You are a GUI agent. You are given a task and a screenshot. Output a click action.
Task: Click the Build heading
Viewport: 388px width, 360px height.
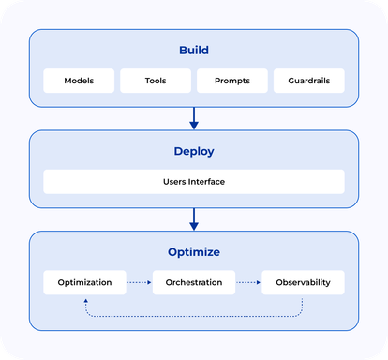tap(194, 50)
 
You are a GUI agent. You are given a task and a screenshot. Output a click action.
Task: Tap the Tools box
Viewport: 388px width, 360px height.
tap(156, 81)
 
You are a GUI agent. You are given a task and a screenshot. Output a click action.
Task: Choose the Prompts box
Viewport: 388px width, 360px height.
tap(231, 81)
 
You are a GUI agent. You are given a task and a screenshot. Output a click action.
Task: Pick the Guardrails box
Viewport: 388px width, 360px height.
tap(308, 81)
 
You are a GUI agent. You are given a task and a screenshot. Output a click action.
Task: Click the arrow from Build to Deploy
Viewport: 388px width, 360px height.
tap(194, 117)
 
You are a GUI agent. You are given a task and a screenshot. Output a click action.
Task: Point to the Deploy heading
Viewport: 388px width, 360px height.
tap(194, 150)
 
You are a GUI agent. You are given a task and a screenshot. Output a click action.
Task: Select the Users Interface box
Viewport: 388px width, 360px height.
tap(194, 181)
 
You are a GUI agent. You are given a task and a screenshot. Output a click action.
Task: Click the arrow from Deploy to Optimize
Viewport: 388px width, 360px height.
tap(194, 217)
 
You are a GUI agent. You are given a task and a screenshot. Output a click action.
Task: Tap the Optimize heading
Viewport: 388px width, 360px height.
tap(194, 251)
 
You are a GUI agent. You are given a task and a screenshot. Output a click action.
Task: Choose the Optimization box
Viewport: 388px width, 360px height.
tap(85, 282)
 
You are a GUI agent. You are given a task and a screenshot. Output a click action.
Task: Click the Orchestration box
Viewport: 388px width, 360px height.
tap(194, 282)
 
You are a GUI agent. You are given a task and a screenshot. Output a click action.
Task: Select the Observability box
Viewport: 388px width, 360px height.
tap(303, 282)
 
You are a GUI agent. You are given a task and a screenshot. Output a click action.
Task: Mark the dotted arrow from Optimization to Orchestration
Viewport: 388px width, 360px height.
tap(139, 282)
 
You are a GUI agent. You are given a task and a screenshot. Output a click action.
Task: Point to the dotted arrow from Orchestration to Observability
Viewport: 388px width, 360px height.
tap(247, 282)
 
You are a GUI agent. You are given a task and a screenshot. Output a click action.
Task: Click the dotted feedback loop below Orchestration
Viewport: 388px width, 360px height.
tap(194, 314)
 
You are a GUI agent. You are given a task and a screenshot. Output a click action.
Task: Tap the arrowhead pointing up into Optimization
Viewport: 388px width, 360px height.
tap(86, 300)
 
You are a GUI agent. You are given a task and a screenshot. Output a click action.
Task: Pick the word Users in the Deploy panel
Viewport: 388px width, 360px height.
tap(174, 181)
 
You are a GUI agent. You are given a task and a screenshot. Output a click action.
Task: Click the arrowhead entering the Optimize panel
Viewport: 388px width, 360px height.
tap(194, 226)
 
